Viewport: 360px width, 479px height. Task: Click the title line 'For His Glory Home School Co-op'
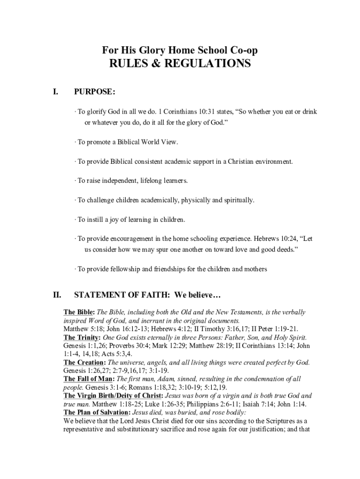(180, 50)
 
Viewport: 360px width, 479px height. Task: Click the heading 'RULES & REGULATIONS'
(180, 64)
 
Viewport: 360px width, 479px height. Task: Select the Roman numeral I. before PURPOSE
(56, 92)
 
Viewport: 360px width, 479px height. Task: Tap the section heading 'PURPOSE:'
(94, 92)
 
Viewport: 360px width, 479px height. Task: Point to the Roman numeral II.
(57, 295)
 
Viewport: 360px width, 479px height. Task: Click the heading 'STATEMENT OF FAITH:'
(122, 295)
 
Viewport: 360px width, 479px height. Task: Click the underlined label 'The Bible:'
(79, 312)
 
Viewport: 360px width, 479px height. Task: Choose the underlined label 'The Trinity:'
(82, 337)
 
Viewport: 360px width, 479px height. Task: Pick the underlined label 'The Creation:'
(84, 363)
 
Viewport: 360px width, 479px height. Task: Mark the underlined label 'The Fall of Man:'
(88, 379)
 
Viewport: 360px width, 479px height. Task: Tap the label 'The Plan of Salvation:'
(97, 413)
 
